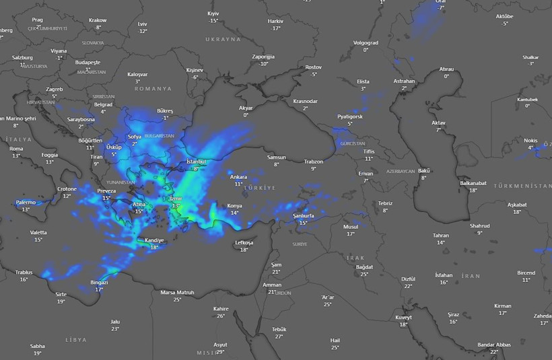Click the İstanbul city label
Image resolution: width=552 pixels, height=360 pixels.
point(195,162)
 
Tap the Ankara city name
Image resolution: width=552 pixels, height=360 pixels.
point(238,177)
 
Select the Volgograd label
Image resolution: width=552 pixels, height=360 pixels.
point(366,42)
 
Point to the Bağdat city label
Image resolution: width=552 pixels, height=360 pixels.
point(364,267)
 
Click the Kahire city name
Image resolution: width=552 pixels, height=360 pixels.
point(221,309)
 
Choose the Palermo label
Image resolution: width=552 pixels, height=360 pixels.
point(26,203)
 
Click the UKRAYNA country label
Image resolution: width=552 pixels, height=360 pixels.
point(223,40)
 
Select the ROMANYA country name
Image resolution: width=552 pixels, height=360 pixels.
point(153,89)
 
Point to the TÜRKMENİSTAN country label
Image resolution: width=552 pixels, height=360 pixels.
point(522,186)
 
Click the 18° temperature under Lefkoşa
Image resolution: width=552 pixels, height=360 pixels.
point(244,250)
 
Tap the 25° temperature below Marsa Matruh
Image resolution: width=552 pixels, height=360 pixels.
point(177,299)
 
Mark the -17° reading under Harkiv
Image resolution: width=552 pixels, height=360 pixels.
point(275,28)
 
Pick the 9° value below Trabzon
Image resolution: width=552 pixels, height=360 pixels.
point(313,168)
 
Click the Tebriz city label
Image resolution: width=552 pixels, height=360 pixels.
point(385,203)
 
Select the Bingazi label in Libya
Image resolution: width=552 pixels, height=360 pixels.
point(99,283)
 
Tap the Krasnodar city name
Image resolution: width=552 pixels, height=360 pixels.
point(305,101)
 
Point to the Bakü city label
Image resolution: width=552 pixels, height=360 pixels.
point(423,171)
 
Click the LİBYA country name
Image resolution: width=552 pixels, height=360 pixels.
point(76,340)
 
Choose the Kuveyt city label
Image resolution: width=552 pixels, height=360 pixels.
point(403,317)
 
